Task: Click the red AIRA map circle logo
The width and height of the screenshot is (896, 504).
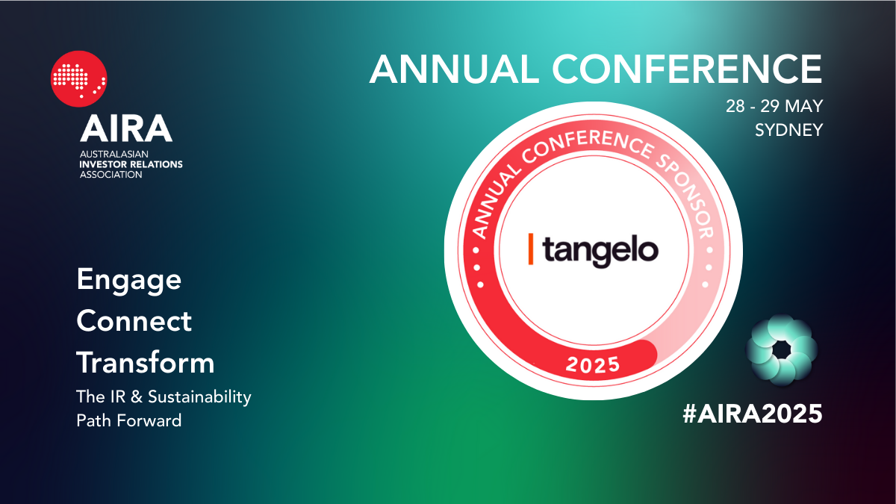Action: pos(79,79)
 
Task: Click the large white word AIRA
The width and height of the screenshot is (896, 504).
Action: pos(126,128)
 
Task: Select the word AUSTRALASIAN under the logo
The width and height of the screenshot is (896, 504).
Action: pos(114,154)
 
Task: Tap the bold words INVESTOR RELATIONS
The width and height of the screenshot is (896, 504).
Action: pos(131,164)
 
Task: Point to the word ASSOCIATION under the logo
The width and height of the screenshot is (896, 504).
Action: pos(111,175)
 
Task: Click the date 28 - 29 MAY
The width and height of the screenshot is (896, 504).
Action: pos(774,106)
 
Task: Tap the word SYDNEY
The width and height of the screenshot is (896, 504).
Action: pos(788,130)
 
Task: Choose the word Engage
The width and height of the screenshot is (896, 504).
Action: pos(128,281)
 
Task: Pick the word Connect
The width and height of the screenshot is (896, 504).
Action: pos(134,321)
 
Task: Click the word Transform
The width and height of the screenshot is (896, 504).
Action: pos(145,362)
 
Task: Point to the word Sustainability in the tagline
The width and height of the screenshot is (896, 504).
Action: pos(199,397)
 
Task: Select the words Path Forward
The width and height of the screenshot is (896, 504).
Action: pos(128,420)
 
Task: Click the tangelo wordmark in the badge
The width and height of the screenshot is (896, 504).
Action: pos(600,252)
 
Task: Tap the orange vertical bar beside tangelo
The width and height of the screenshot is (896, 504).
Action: pos(531,249)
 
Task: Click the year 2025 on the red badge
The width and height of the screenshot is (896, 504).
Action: pos(593,364)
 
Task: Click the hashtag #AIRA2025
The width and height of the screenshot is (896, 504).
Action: pos(753,413)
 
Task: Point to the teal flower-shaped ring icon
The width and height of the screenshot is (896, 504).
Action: pos(781,350)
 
